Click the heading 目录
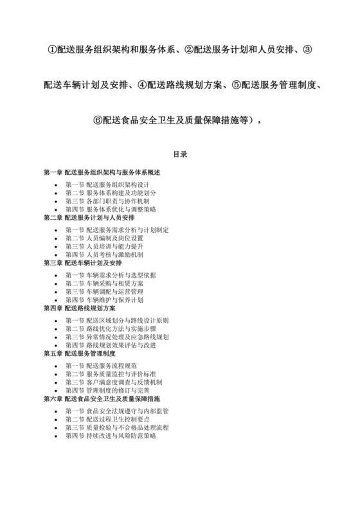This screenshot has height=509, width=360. [179, 155]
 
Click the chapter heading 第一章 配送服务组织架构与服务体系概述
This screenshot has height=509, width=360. [101, 173]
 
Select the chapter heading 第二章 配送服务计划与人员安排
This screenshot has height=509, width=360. [89, 218]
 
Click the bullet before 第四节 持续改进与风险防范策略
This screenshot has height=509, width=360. [59, 436]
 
